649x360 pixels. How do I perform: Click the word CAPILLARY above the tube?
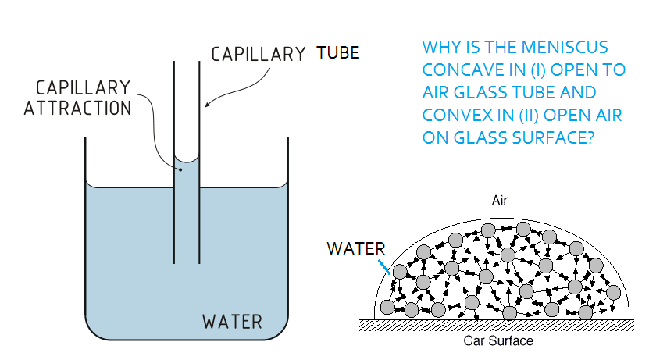[x=258, y=54]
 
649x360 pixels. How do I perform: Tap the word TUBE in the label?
[x=338, y=53]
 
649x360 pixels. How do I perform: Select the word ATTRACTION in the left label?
[x=77, y=109]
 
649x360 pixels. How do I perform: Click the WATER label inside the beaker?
[x=233, y=321]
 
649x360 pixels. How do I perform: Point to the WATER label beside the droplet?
[x=355, y=249]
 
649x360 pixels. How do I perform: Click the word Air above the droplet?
[x=500, y=201]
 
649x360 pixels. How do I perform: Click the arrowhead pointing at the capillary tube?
[x=208, y=103]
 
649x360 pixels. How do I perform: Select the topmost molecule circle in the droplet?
[x=488, y=230]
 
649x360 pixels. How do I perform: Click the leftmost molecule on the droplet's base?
[x=387, y=307]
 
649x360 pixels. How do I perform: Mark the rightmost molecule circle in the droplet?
[x=615, y=294]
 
